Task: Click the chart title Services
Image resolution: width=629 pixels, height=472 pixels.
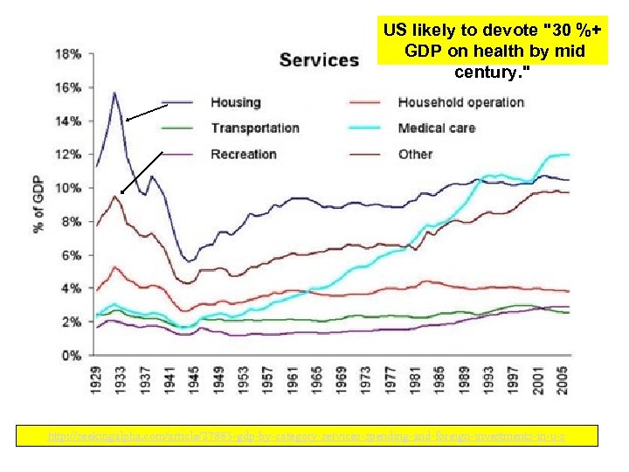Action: (x=319, y=59)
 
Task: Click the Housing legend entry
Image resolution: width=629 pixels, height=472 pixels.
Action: (x=235, y=102)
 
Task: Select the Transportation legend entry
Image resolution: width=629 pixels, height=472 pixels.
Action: (x=254, y=128)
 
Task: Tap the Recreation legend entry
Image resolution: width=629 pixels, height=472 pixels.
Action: (x=243, y=154)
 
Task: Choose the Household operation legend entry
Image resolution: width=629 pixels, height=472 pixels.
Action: (x=460, y=102)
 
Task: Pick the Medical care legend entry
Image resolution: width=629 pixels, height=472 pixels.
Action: (x=436, y=128)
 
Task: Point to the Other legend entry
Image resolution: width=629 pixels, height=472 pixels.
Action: (x=415, y=154)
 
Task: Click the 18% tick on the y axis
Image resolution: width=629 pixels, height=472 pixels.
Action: (x=70, y=53)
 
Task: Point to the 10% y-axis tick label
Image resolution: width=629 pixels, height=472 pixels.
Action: (x=70, y=188)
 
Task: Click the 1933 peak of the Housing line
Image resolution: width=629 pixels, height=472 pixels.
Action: (x=114, y=93)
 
